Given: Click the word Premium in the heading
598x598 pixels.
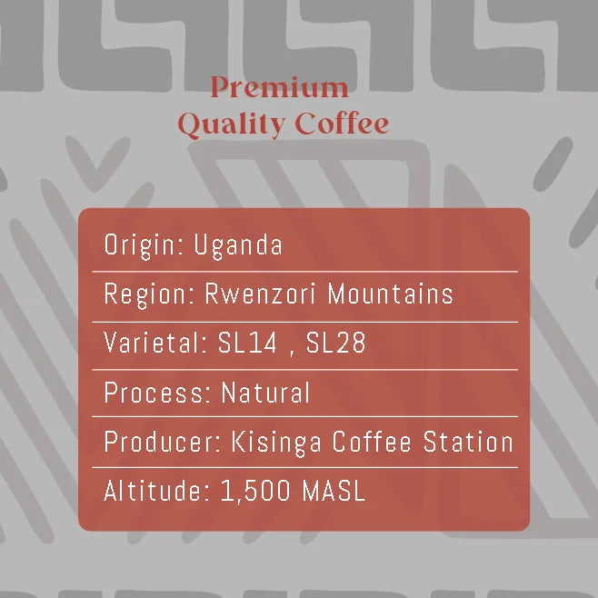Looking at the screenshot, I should point(279,88).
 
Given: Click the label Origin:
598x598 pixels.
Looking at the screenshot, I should point(145,245).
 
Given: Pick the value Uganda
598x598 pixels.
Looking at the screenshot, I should point(238,245).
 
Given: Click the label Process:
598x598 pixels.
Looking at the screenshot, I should point(158,394).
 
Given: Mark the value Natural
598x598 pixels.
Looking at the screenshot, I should point(265,394).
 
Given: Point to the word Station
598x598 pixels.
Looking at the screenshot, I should point(469,443).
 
